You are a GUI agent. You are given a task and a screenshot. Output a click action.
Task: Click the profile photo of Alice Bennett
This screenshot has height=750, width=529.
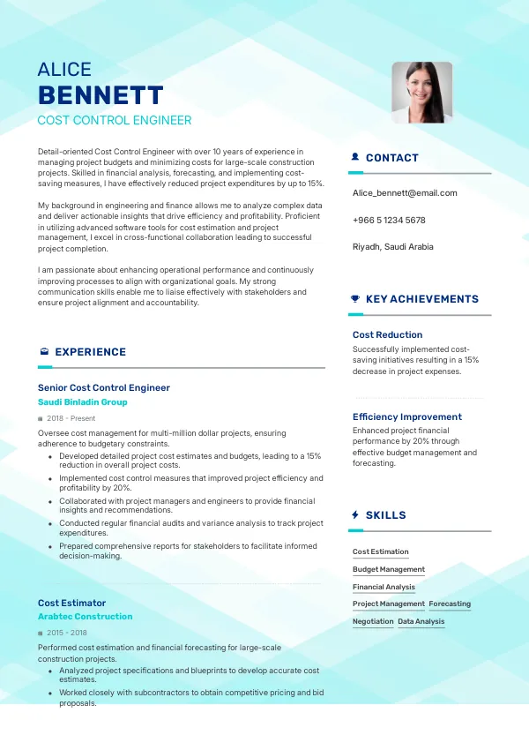point(421,92)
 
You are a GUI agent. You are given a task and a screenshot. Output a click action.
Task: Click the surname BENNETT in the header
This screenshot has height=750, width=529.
point(101,95)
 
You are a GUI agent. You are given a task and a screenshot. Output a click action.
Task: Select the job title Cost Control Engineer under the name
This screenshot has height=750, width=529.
point(114,121)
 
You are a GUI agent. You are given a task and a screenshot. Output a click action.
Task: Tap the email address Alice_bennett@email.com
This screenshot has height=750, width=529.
point(405,192)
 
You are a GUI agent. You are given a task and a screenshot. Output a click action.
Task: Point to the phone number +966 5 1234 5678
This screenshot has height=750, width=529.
point(389,220)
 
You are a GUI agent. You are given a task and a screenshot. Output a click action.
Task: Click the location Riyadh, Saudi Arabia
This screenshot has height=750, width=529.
point(392,247)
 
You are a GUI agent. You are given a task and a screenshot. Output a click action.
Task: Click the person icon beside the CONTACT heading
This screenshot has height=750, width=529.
point(354,158)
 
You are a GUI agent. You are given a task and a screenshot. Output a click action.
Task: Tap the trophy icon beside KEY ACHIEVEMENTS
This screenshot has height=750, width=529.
point(354,299)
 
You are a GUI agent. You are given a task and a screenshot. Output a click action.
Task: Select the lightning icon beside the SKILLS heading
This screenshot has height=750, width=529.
point(354,515)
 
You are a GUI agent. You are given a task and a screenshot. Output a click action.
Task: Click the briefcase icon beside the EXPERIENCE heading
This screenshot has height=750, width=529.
point(43,352)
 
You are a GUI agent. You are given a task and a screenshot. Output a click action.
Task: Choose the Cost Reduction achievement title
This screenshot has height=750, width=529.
point(387,335)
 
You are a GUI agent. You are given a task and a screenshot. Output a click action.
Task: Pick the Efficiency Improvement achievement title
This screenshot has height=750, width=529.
point(406,416)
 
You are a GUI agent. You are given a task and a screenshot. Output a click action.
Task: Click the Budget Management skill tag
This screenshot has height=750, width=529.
point(389,570)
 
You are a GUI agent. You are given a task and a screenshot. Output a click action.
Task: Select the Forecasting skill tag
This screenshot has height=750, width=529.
point(450,604)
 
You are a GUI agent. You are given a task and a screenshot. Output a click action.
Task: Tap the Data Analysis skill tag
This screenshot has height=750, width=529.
point(421,622)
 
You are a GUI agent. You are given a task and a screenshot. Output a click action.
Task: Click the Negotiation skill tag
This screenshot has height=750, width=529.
point(373,622)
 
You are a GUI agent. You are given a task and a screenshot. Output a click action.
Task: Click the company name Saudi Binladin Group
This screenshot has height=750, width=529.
point(83,402)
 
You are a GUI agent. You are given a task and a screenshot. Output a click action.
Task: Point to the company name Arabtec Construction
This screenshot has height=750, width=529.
point(85,617)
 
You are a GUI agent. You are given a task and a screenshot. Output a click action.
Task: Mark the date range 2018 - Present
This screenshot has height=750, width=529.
point(71,418)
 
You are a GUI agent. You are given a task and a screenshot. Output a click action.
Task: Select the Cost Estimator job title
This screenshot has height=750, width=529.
point(71,603)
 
